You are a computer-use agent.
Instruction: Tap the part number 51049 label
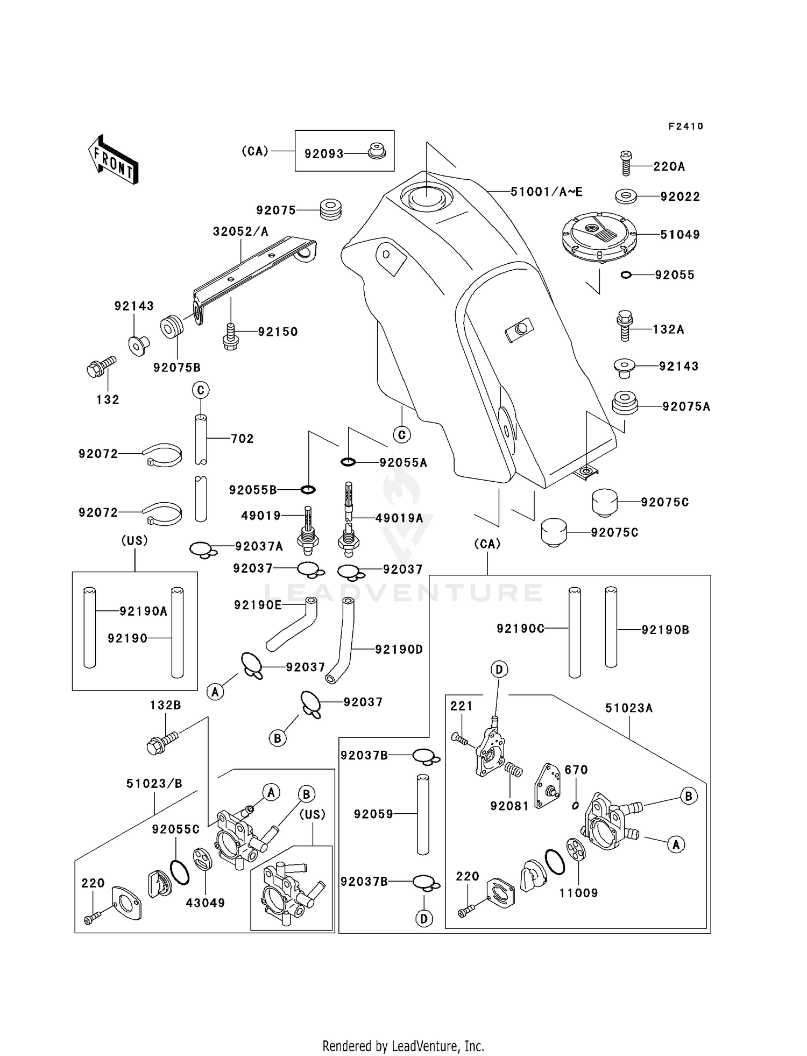(680, 235)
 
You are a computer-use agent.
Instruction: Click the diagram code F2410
(686, 126)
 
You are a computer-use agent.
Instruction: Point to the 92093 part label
(324, 154)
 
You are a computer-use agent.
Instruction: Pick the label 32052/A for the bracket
(240, 231)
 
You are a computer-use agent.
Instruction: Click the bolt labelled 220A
(625, 163)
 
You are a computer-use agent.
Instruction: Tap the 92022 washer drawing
(626, 196)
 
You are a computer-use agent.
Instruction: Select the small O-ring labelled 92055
(626, 275)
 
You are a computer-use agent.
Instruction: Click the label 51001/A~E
(546, 192)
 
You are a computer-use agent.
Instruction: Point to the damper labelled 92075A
(625, 403)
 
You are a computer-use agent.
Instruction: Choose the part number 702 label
(242, 439)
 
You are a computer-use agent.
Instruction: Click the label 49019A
(399, 518)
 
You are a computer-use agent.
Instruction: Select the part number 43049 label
(206, 903)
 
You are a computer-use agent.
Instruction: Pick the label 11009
(578, 893)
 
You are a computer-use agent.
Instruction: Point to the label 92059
(373, 814)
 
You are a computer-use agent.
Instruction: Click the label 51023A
(629, 708)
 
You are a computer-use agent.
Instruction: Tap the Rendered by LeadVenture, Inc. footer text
(403, 1046)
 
